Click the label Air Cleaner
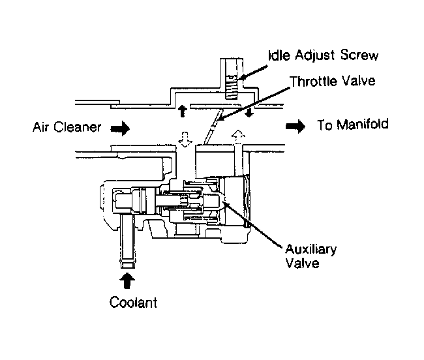coord(67,127)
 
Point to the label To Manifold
coord(353,125)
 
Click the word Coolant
coord(133,302)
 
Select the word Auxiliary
coord(311,250)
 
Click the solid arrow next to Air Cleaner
coord(120,128)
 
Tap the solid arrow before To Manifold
coord(295,126)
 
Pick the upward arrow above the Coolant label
coord(127,281)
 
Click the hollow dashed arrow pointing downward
coord(185,140)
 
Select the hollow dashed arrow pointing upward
coord(238,138)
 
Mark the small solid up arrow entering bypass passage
coord(183,111)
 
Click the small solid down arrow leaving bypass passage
coord(249,112)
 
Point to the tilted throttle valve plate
coord(213,127)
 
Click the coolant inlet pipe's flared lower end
coord(128,263)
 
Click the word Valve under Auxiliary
coord(302,263)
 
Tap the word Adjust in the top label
coord(314,56)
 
